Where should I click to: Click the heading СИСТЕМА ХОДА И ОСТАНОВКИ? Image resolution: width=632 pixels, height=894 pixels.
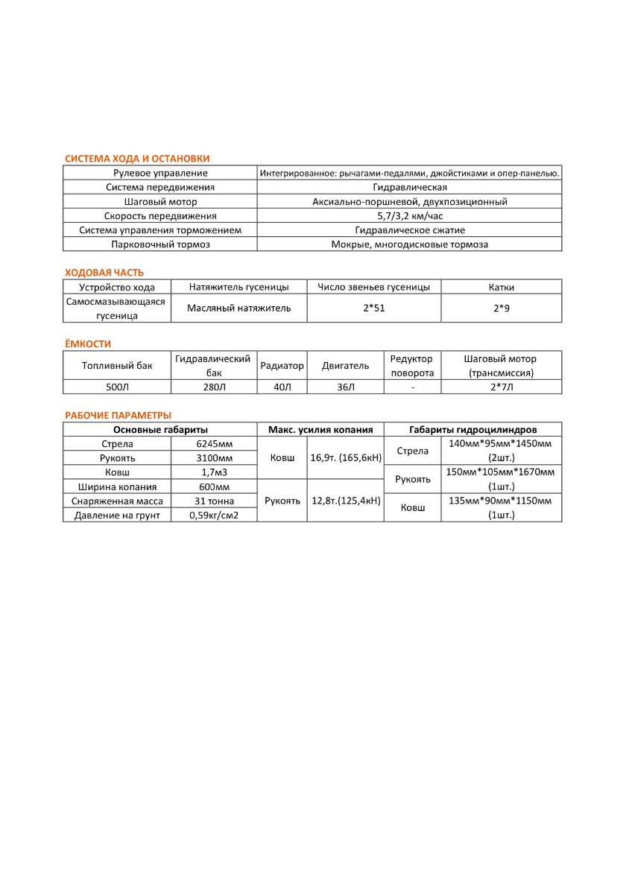coord(137,159)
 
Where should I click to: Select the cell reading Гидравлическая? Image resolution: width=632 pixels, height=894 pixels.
coord(410,188)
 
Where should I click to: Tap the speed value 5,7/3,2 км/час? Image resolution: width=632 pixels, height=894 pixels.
coord(410,216)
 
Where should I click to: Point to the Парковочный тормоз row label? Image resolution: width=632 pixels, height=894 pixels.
coord(160,244)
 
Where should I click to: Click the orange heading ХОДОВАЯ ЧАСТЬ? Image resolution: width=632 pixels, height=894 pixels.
coord(104,273)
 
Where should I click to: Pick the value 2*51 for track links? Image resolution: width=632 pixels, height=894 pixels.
coord(373,308)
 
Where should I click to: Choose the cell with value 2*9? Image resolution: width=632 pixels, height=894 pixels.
coord(502,308)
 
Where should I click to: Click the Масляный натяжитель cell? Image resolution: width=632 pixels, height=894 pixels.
coord(238,308)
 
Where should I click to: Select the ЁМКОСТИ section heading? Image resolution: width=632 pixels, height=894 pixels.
coord(88,344)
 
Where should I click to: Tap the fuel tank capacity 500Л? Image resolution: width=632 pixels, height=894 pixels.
coord(117,387)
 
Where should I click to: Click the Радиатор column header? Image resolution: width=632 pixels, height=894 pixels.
coord(282,366)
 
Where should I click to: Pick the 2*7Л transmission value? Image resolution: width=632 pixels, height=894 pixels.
coord(502,387)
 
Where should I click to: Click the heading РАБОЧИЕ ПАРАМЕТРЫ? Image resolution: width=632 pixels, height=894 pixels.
coord(118,415)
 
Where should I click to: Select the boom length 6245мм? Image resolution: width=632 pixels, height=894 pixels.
coord(214,444)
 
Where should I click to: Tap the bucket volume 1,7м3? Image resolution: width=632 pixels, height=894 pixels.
coord(214,472)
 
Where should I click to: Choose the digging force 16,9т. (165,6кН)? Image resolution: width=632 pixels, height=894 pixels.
coord(344,458)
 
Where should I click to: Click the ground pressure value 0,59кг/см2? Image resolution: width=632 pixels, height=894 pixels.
coord(214,515)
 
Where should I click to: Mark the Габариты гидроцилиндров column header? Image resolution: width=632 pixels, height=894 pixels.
coord(473,430)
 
